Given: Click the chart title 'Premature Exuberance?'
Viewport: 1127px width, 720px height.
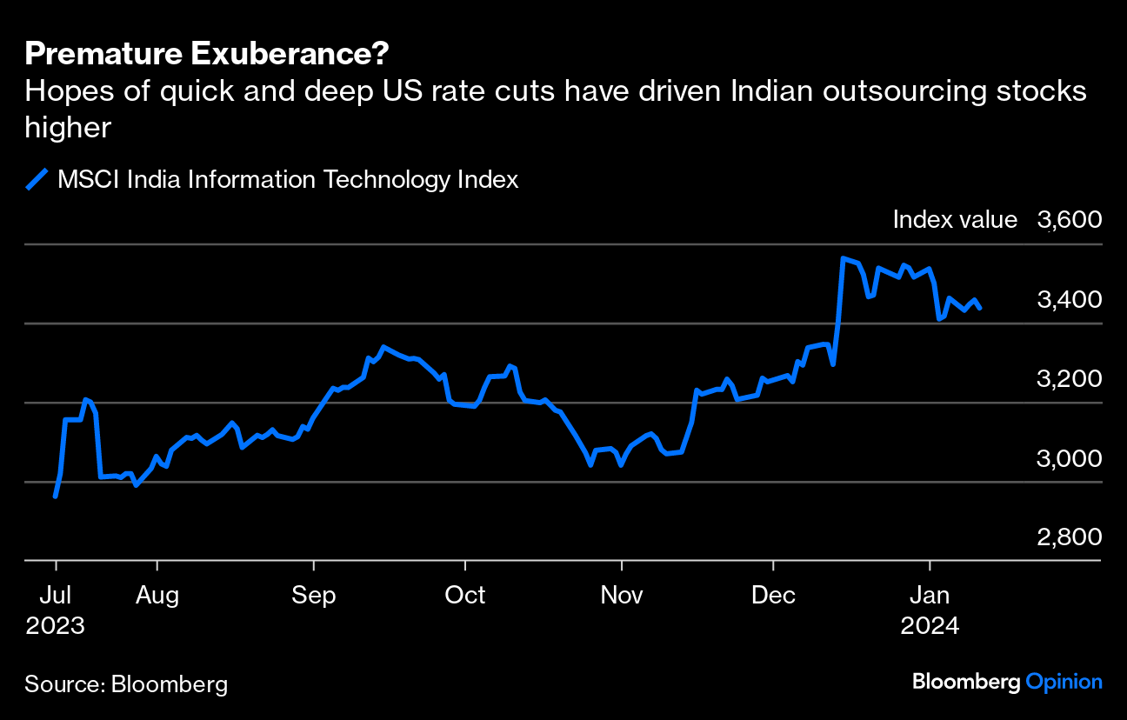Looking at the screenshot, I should pos(207,55).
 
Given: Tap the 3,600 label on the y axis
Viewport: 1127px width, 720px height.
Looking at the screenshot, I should pos(1069,220).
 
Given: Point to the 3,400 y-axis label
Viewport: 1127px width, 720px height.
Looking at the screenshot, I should pos(1069,299).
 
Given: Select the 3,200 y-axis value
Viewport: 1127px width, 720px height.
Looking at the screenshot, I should pos(1069,379).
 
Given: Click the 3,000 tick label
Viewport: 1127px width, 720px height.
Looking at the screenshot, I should pos(1069,458).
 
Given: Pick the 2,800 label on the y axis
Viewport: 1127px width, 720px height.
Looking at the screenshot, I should pos(1069,537).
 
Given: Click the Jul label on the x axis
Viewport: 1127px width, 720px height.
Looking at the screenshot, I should pos(55,596).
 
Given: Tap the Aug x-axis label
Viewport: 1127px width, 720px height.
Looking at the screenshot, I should pos(157,596).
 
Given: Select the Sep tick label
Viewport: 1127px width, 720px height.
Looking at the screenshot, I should pos(313,596).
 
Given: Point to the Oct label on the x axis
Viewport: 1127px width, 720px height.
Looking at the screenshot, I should pos(465,596).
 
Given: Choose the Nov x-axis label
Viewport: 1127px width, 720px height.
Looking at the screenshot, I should pos(622,596).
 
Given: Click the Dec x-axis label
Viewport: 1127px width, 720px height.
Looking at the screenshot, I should pos(773,596).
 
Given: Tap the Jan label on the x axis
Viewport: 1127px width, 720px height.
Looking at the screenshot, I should pos(930,596).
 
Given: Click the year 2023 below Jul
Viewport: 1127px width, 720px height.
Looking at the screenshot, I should pos(55,626).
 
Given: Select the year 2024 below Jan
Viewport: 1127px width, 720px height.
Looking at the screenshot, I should pos(930,626).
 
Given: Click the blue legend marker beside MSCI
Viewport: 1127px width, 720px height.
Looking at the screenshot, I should pos(37,180).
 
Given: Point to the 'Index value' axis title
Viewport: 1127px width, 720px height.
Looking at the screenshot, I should pos(955,220).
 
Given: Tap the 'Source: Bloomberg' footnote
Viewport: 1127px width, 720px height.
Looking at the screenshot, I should pos(126,684).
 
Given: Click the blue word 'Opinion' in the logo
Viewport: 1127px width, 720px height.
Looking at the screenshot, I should pos(1064,682).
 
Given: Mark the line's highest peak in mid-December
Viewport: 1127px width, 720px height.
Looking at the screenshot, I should pos(843,258).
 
